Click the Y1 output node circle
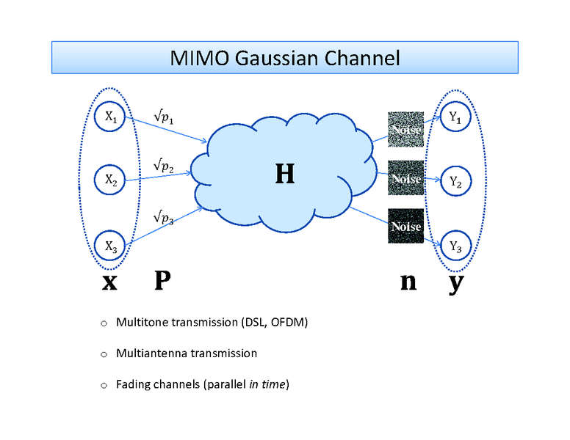point(455,120)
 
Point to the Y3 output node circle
point(455,246)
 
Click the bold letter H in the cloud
point(284,174)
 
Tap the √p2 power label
point(163,166)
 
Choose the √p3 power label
point(163,218)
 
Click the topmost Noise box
point(405,130)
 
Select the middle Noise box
point(405,177)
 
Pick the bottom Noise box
point(405,227)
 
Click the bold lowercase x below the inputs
point(109,282)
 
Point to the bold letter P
point(162,281)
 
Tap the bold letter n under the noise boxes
point(408,282)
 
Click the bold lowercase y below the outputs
point(456,284)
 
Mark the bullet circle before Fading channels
point(104,384)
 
